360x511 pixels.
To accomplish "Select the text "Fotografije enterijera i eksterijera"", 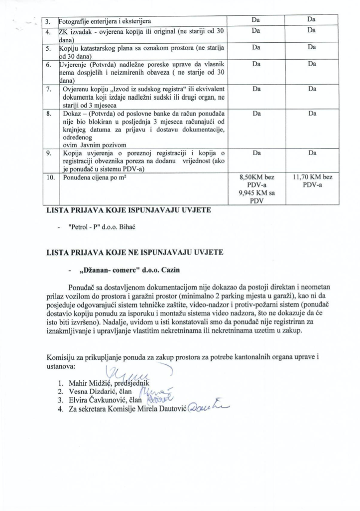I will click(x=105, y=21).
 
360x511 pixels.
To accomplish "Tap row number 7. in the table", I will click(x=48, y=89).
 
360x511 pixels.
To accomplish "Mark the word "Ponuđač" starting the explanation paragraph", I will click(x=85, y=287).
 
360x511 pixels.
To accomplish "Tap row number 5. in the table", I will click(x=48, y=48).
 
